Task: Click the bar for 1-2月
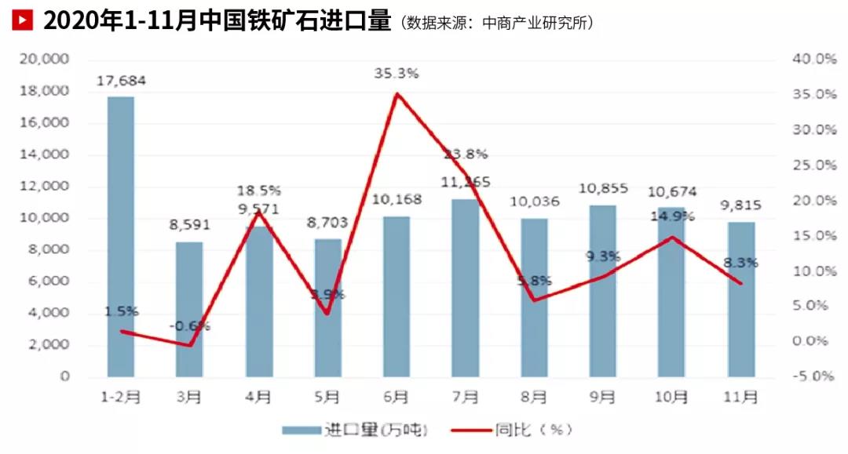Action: [x=120, y=236]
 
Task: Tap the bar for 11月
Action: [x=741, y=299]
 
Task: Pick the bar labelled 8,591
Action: [x=189, y=309]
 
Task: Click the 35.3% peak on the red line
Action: [x=397, y=93]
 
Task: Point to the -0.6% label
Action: [x=189, y=325]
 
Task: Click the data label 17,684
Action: [x=121, y=80]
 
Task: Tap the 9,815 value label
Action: [x=740, y=205]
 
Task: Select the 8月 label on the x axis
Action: [x=534, y=398]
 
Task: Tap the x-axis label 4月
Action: [x=258, y=398]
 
